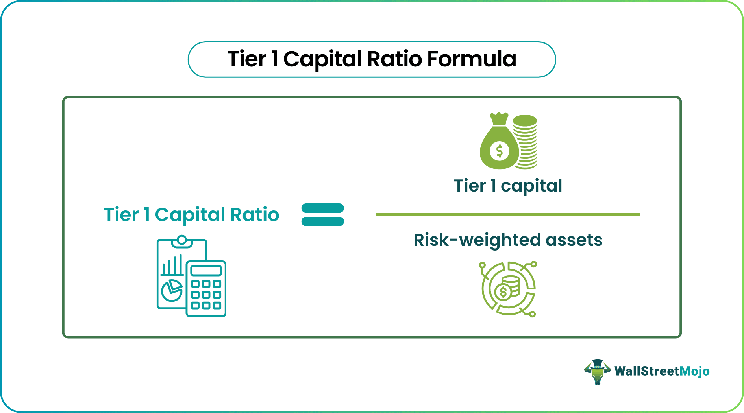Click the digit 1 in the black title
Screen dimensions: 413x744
274,59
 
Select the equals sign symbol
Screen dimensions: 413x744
322,214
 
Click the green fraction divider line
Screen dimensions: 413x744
508,214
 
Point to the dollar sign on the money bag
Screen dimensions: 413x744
499,150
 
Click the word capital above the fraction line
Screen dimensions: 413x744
531,186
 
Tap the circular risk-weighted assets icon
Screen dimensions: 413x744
508,289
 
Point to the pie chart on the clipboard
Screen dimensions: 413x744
172,290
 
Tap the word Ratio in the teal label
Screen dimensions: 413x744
255,215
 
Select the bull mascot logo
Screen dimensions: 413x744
597,371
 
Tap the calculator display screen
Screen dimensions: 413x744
206,271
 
